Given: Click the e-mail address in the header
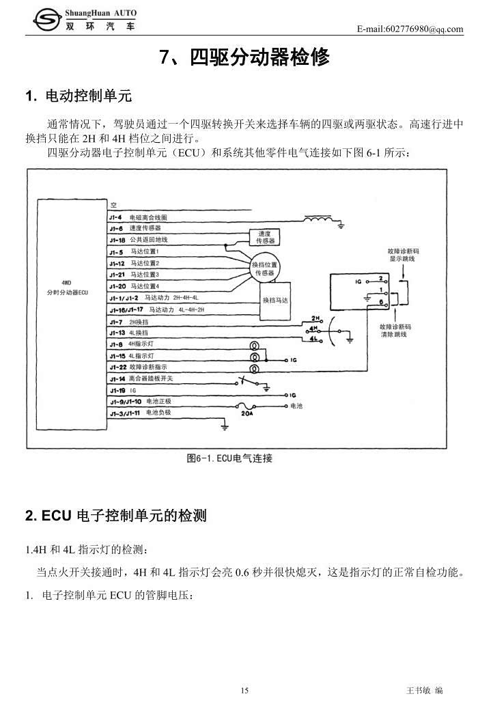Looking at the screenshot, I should [410, 29].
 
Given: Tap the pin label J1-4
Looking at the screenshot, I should [115, 217].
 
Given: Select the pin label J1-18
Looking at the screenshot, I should [117, 240].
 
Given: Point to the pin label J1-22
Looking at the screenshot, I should [117, 367].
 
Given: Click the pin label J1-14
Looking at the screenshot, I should [117, 378].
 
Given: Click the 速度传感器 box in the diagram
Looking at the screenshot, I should [265, 237].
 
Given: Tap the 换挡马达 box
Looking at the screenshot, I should [276, 300].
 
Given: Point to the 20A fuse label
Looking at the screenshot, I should [247, 413].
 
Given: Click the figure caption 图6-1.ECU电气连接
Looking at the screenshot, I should [229, 458].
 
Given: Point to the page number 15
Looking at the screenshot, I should [244, 691].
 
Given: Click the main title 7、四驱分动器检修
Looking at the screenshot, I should [244, 58].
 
